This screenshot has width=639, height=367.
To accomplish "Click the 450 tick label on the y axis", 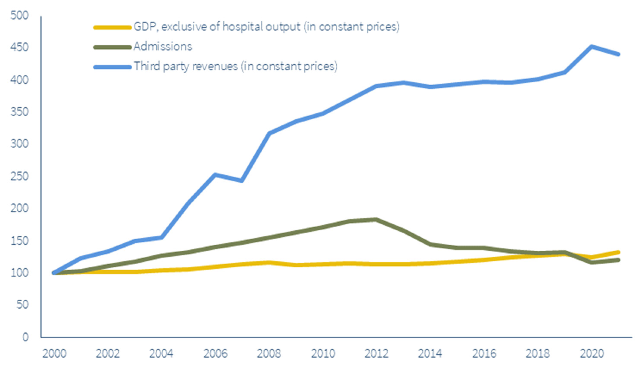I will [19, 47].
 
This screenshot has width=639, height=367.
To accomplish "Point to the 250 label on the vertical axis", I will [19, 176].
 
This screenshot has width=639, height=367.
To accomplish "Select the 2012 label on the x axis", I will [376, 354].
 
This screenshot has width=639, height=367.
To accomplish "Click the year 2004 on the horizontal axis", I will [161, 354].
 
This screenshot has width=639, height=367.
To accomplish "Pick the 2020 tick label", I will [592, 354].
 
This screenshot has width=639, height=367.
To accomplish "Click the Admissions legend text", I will [163, 47].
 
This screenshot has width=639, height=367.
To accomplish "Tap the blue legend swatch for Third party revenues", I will [112, 67].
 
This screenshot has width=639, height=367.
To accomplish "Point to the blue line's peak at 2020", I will [592, 47].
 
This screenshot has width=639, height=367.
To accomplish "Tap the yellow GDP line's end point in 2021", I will [618, 252].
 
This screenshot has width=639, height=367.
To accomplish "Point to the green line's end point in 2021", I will [618, 260].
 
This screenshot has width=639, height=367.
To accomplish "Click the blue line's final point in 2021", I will [618, 54].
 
